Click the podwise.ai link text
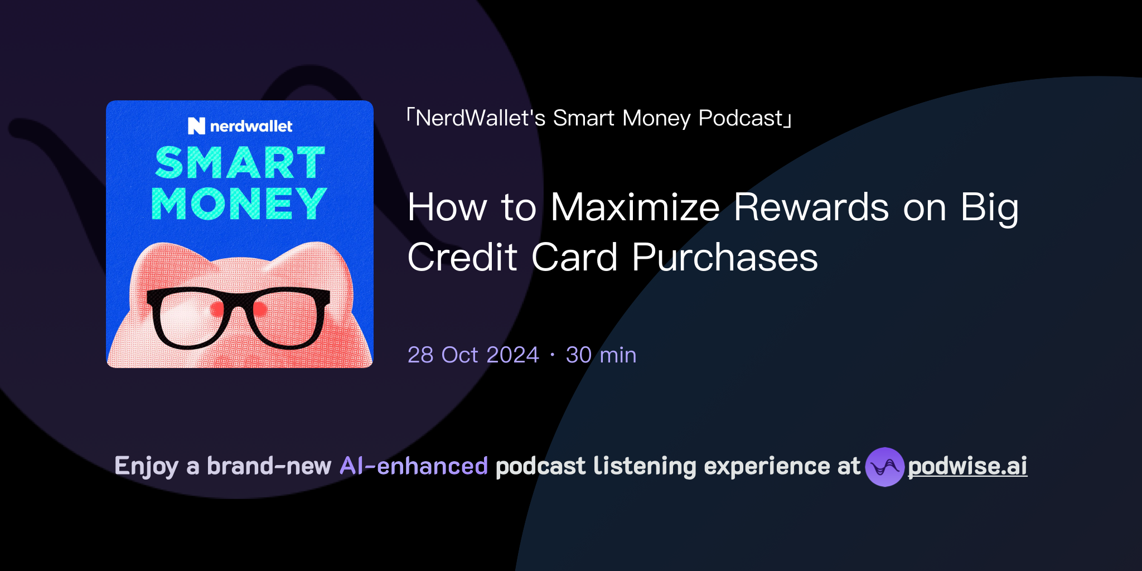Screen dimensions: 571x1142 click(967, 466)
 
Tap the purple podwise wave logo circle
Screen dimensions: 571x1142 click(884, 467)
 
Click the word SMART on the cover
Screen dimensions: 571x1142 click(240, 163)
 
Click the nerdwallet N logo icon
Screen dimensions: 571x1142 click(196, 126)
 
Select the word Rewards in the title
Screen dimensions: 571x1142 click(811, 207)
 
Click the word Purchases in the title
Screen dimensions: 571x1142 click(724, 258)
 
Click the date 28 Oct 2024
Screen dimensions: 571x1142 click(473, 355)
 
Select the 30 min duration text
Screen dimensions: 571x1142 click(601, 355)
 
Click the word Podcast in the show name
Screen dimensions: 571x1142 click(741, 118)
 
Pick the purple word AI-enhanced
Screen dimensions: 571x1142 click(414, 466)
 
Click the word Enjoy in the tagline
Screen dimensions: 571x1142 click(146, 466)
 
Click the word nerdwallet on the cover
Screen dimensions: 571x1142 click(251, 127)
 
